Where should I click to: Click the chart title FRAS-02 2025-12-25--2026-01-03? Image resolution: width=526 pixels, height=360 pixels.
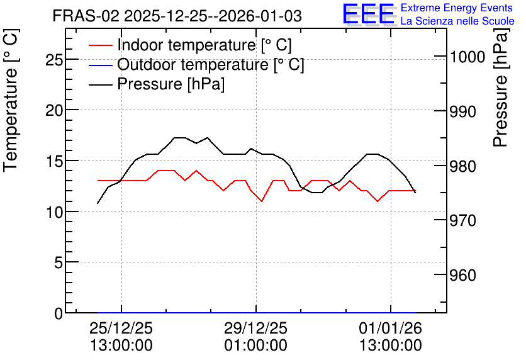pos(177,16)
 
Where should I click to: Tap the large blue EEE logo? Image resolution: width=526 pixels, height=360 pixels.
pos(369,14)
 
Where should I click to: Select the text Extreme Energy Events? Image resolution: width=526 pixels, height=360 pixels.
pos(457,8)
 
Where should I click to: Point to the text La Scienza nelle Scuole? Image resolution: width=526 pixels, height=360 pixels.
pos(457,21)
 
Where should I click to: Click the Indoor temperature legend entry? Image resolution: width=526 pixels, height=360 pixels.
pos(190,45)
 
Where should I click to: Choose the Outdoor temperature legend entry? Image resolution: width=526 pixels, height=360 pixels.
pos(196,64)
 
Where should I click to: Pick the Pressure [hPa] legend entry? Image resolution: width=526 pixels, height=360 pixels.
pos(157,84)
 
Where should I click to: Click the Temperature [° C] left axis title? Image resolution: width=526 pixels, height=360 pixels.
pos(11,100)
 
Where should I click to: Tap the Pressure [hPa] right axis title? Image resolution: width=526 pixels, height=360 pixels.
pos(500,87)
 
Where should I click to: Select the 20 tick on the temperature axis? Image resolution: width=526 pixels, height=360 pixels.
pos(54,110)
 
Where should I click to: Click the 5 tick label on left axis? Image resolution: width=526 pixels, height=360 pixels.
pos(59,262)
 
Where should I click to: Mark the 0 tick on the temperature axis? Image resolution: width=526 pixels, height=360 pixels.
pos(59,313)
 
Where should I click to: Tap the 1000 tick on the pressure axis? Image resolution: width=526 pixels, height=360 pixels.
pos(467,57)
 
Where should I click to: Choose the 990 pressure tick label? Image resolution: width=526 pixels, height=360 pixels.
pos(462,111)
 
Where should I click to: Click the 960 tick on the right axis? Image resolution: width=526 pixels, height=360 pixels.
pos(462,275)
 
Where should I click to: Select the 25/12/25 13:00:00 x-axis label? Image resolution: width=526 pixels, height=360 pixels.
pos(121,337)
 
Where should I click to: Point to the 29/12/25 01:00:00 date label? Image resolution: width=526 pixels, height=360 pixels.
pos(255,337)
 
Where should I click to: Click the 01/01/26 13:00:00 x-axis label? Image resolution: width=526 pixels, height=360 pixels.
pos(391,337)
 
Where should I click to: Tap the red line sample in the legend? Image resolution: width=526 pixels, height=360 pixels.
pos(100,45)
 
